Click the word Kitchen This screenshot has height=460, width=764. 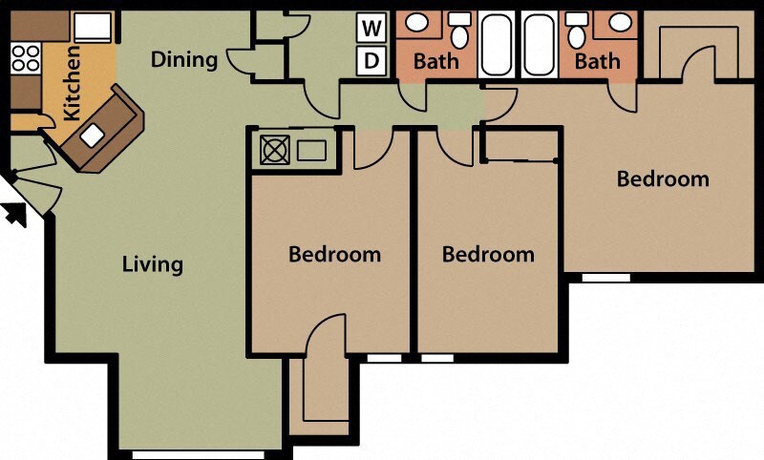tap(71, 85)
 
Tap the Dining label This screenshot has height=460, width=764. tap(184, 60)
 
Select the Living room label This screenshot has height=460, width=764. tap(153, 263)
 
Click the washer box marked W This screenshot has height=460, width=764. tap(371, 28)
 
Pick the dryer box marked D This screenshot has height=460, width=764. tap(371, 61)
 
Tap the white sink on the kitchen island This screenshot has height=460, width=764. tap(93, 136)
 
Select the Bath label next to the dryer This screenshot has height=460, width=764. tap(435, 62)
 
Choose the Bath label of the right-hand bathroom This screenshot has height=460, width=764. tap(597, 62)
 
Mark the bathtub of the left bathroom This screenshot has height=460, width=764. tap(497, 44)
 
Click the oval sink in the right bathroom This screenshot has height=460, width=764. tap(616, 22)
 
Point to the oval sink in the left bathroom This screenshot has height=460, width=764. tap(417, 22)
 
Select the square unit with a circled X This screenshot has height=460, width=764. tap(274, 151)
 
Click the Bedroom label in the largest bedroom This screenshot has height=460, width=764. tap(663, 178)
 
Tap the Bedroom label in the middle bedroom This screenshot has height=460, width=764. tap(488, 255)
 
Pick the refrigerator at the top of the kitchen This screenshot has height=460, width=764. tap(95, 27)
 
